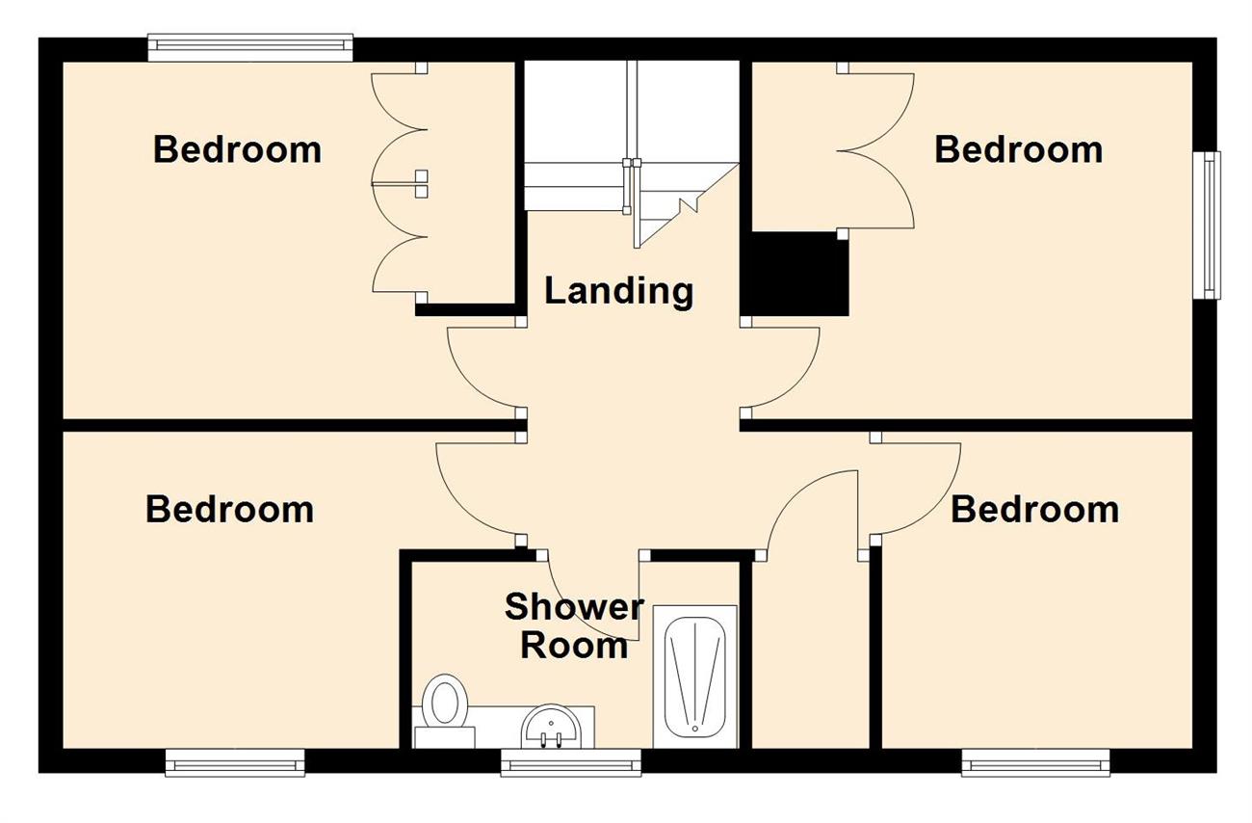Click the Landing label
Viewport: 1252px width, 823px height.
pos(618,292)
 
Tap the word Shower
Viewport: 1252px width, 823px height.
pos(574,606)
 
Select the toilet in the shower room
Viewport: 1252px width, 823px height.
pos(444,710)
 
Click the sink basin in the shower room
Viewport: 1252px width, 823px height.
pos(552,727)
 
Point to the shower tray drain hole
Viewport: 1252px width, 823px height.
pos(694,729)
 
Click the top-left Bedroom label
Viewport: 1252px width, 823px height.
pos(238,149)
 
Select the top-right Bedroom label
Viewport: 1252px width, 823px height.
pos(1018,149)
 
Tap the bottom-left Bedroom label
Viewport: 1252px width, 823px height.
pos(230,510)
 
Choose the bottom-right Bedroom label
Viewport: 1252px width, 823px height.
pos(1035,510)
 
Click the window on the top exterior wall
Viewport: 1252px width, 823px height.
pos(250,47)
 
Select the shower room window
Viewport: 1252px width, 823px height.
pos(571,762)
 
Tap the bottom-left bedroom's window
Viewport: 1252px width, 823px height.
pos(235,762)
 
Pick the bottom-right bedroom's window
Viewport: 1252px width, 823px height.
pos(1035,762)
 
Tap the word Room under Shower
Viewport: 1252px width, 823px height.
pos(574,646)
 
